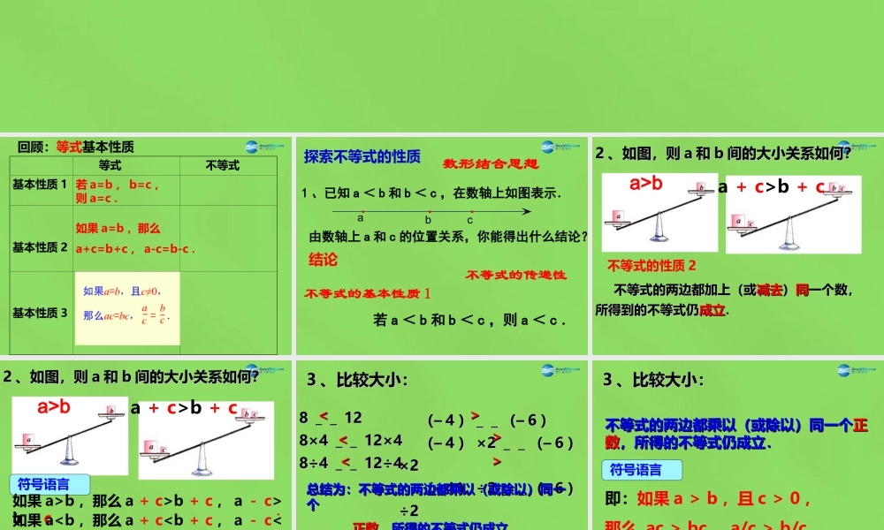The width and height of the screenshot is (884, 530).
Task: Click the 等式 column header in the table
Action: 110,165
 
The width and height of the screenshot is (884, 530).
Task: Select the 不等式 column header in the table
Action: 222,165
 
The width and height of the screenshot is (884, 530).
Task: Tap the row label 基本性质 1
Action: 40,184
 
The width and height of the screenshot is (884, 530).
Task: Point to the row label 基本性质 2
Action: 40,247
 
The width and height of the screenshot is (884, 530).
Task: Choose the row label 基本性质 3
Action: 40,312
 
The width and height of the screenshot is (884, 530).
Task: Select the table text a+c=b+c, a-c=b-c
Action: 135,249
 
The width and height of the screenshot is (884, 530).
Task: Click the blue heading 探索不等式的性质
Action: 362,156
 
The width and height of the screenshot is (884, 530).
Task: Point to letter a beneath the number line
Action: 361,218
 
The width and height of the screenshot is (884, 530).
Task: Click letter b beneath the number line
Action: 428,220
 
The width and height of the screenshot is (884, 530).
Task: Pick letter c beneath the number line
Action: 470,220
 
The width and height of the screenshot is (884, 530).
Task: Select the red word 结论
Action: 323,260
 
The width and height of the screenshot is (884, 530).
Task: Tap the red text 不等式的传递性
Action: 516,275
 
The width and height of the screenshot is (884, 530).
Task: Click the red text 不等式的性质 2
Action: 652,265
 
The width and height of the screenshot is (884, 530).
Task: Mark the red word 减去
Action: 771,290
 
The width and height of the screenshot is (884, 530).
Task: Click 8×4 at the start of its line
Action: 314,440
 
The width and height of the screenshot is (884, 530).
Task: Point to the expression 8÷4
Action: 314,462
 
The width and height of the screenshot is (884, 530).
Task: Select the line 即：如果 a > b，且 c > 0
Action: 708,499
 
